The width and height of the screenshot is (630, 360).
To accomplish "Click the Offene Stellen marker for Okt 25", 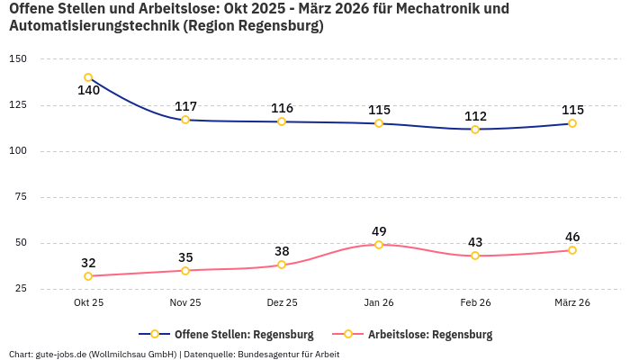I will click(x=88, y=77).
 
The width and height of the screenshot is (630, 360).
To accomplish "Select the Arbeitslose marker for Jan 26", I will click(x=379, y=245).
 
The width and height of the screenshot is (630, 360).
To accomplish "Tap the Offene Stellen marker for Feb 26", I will click(x=475, y=130).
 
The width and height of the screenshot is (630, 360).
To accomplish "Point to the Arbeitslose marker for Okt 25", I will click(x=88, y=276).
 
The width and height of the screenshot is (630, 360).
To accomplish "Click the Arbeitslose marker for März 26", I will click(x=572, y=250).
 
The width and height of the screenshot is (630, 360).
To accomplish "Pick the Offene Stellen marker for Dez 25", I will click(x=282, y=121).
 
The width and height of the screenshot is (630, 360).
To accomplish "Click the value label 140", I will click(x=88, y=91).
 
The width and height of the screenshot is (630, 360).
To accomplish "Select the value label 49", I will click(x=379, y=231).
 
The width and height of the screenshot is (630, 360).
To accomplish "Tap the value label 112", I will click(x=475, y=116).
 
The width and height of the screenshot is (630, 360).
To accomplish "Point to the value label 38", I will click(x=282, y=251).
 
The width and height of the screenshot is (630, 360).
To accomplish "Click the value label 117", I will click(x=185, y=106).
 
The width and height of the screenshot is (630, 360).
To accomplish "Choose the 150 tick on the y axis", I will click(x=18, y=58).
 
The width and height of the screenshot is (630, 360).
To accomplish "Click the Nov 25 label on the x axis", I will click(x=185, y=302).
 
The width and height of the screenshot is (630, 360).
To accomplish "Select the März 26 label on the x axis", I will click(x=572, y=302).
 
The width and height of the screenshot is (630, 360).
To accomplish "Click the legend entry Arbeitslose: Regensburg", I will click(x=430, y=335).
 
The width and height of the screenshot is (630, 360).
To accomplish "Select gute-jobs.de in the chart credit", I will click(x=59, y=354).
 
